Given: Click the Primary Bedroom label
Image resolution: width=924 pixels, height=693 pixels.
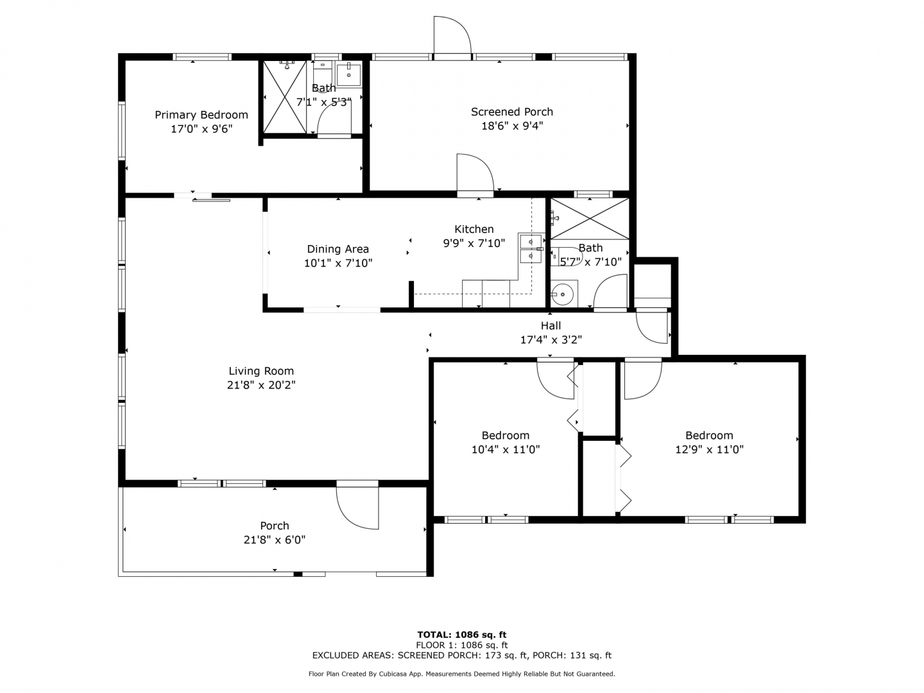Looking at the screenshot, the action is tap(201, 115).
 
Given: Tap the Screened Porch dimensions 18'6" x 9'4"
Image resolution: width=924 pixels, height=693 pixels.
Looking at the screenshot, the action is tap(512, 126).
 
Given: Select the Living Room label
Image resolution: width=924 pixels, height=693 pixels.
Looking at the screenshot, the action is tap(261, 371).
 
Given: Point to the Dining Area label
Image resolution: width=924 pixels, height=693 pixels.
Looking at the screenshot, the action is tap(338, 249).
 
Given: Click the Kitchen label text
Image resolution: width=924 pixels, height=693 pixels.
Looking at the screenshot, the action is tap(474, 229).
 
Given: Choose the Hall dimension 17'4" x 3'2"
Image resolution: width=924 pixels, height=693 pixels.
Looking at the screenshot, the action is tap(551, 339).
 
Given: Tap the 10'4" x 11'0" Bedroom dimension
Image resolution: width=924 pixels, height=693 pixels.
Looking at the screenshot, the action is tap(506, 449).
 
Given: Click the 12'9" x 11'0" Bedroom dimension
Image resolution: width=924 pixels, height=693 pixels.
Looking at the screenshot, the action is tap(709, 449).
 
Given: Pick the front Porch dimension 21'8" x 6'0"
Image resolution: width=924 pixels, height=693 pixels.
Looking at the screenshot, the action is tap(275, 540).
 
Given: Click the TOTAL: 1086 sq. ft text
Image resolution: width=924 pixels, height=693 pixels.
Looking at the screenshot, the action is tap(462, 635).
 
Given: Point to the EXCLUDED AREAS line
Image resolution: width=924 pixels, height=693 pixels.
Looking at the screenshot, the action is tap(462, 655).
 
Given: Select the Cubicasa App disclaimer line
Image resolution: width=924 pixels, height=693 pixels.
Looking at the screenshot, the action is tap(462, 674).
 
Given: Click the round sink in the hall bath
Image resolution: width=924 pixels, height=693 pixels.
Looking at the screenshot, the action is tap(562, 294).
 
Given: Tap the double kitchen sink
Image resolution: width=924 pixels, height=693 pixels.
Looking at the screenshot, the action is tap(531, 249).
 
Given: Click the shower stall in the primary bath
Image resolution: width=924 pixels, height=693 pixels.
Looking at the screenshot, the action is tap(285, 97).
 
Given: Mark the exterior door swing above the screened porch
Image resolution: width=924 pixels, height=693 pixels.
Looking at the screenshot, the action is tap(452, 36).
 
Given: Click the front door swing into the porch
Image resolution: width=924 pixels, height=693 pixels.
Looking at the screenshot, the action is tap(357, 508).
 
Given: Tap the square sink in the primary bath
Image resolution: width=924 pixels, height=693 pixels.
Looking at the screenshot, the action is tap(348, 75).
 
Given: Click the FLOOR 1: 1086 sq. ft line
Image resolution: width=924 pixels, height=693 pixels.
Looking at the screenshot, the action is tap(462, 645).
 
